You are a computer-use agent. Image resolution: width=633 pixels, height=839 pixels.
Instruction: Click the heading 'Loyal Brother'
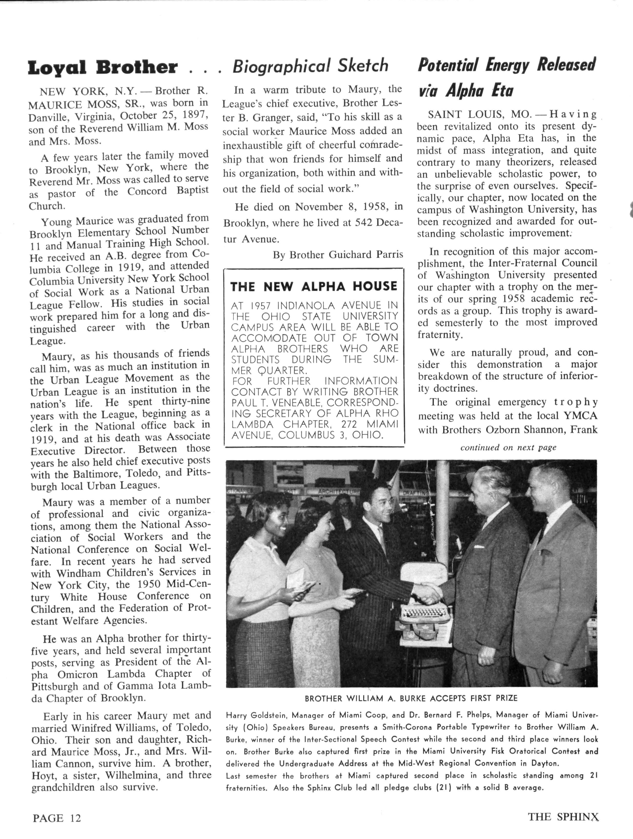[x=102, y=67]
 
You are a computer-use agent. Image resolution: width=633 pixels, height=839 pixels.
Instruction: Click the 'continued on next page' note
[x=508, y=447]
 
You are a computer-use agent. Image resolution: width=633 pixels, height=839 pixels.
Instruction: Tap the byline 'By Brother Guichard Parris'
[x=338, y=255]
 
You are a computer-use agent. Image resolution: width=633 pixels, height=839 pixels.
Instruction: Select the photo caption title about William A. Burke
[x=411, y=698]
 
